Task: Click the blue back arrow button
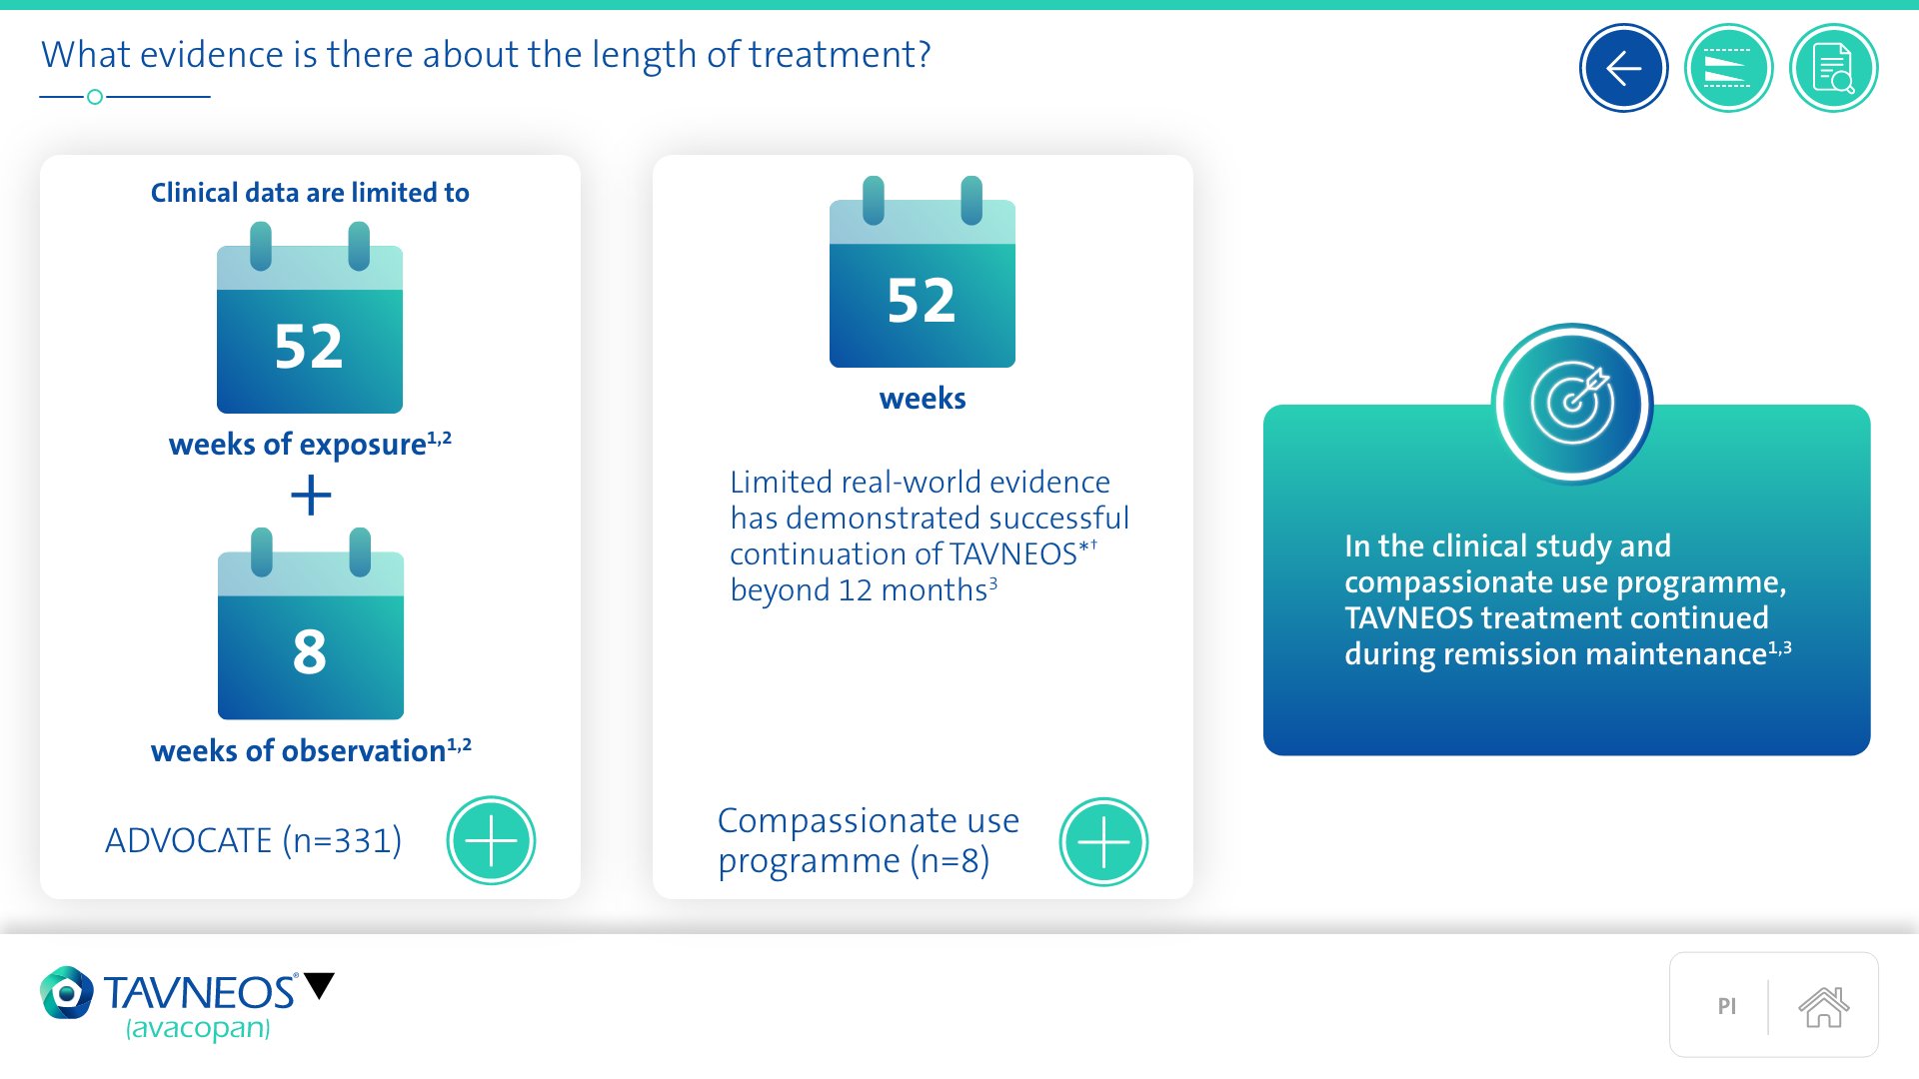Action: click(x=1623, y=68)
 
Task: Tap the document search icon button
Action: click(x=1833, y=68)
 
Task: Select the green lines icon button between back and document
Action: click(x=1728, y=68)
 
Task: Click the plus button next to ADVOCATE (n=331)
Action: click(x=491, y=840)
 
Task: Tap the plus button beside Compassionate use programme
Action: click(x=1103, y=841)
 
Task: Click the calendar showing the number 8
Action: click(x=311, y=623)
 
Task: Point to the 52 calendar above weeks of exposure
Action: click(x=310, y=318)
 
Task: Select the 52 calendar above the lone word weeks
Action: click(x=923, y=272)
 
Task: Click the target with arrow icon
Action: click(x=1572, y=404)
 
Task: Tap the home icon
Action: click(x=1823, y=1006)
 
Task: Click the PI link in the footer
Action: click(x=1726, y=1006)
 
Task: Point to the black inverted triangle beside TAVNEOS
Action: click(x=320, y=985)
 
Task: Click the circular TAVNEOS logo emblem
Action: click(x=67, y=992)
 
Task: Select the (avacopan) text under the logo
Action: click(x=198, y=1028)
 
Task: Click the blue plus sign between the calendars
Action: click(x=311, y=495)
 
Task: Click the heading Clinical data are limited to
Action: click(x=310, y=192)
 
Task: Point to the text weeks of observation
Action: click(x=298, y=750)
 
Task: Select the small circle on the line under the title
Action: click(x=95, y=97)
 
